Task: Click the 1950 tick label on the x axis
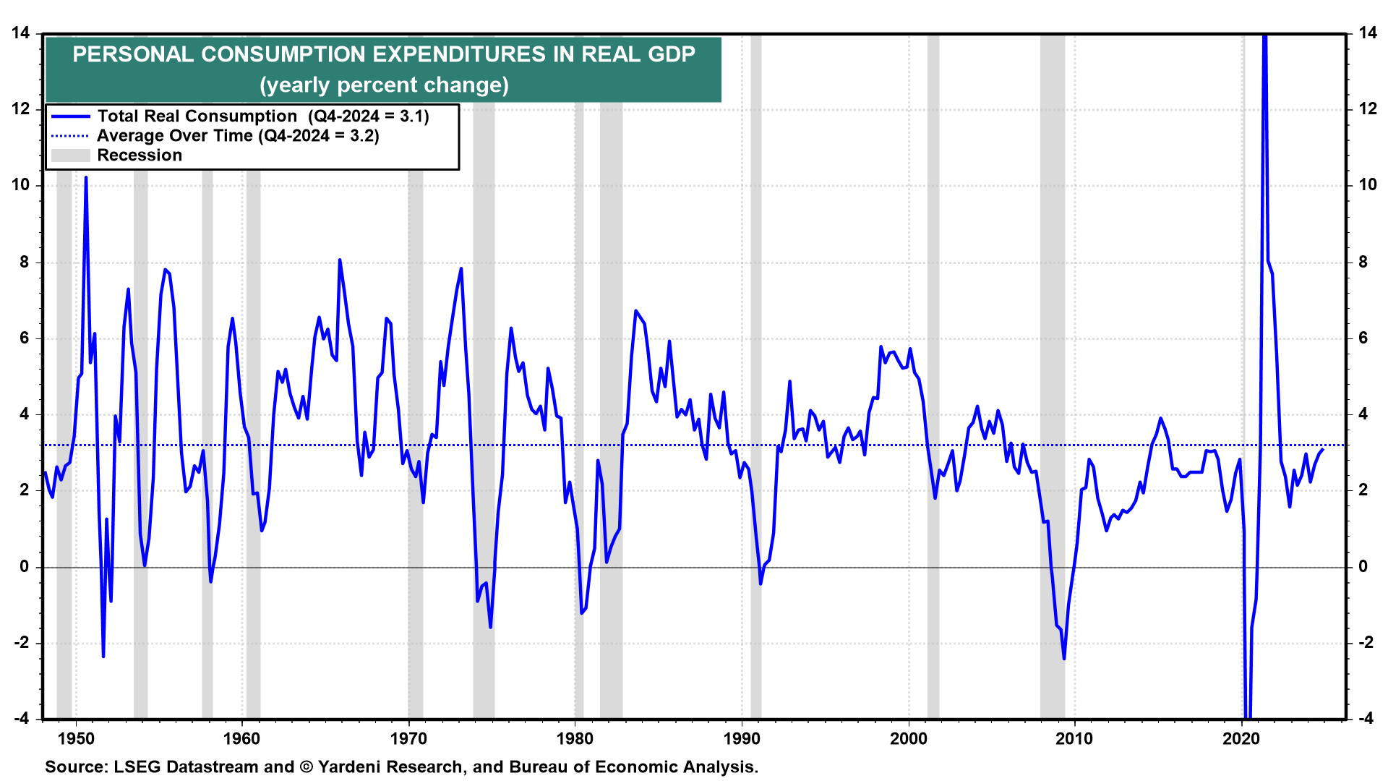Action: (x=76, y=739)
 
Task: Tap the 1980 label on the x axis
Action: (x=575, y=739)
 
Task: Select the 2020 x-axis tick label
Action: (x=1241, y=739)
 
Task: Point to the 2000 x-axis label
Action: (x=908, y=739)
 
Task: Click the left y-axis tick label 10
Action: (x=21, y=185)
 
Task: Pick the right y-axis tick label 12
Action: (x=1368, y=109)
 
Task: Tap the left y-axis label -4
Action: (x=21, y=719)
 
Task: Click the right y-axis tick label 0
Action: (x=1363, y=567)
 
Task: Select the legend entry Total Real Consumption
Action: (x=197, y=116)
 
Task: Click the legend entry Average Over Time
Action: (x=175, y=136)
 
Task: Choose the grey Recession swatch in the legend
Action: (x=70, y=155)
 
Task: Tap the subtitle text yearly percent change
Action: (x=384, y=85)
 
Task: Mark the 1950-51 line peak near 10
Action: (x=86, y=177)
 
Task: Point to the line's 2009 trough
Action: (x=1064, y=658)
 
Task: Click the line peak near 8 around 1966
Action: (x=340, y=260)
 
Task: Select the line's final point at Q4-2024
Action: (x=1323, y=450)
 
